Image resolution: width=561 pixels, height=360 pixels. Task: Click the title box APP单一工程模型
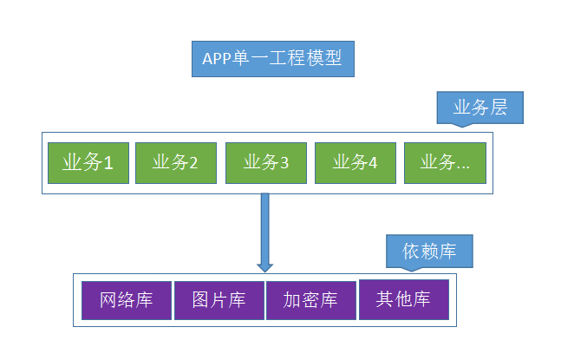tap(273, 59)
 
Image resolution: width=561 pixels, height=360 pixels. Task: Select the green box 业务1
tap(88, 162)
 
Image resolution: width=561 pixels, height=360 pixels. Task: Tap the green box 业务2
tap(176, 162)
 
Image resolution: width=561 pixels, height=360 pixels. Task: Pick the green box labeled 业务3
tap(266, 162)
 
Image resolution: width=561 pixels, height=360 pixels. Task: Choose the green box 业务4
tap(356, 162)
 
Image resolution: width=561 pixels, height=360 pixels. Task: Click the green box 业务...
tap(445, 162)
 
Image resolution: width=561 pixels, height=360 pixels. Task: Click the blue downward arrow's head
tap(264, 264)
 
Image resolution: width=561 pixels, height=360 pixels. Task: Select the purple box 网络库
tap(127, 300)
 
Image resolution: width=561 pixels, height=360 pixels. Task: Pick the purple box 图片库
tap(219, 300)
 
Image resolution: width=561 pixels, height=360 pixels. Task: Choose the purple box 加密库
tap(310, 300)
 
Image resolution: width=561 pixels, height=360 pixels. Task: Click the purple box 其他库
tap(403, 299)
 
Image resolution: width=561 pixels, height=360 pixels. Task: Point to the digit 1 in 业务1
tap(109, 162)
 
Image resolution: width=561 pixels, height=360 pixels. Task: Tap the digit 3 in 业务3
tap(284, 162)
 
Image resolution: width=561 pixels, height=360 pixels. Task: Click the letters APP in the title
tap(217, 59)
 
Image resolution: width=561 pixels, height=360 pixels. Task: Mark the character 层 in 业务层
tap(506, 108)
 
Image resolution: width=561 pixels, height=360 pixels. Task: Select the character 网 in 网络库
tap(109, 300)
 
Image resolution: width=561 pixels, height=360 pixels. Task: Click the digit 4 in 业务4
tap(374, 162)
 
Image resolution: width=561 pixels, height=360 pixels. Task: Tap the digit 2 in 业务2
tap(194, 162)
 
